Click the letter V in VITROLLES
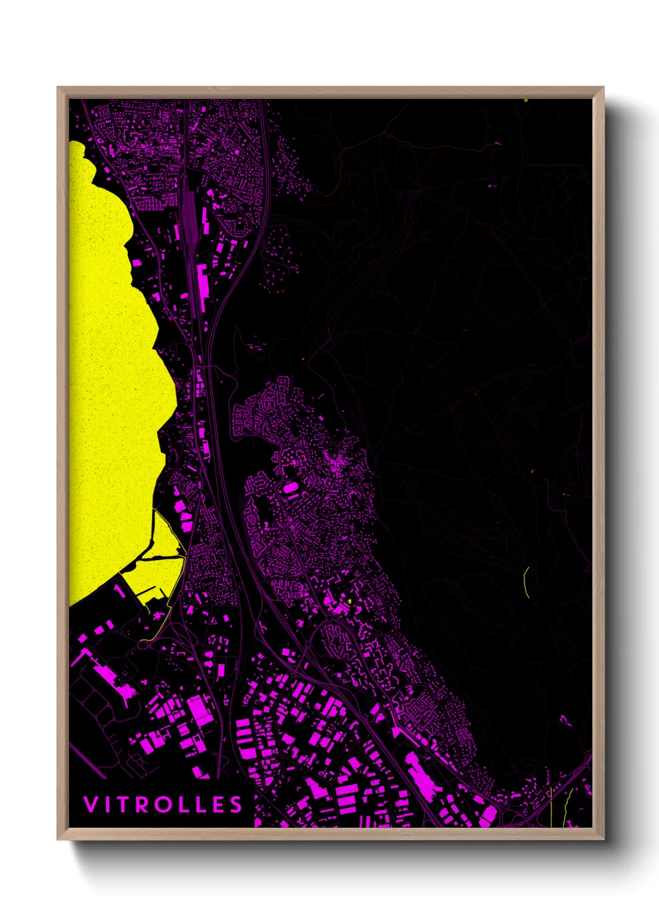[91, 805]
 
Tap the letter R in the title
[142, 805]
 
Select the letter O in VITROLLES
[162, 805]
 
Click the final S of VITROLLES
[235, 805]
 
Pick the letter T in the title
[123, 805]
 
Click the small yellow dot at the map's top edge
[526, 100]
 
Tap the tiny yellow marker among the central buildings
[350, 601]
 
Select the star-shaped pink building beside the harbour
[157, 615]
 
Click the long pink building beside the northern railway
[202, 283]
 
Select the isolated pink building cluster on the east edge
[565, 721]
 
